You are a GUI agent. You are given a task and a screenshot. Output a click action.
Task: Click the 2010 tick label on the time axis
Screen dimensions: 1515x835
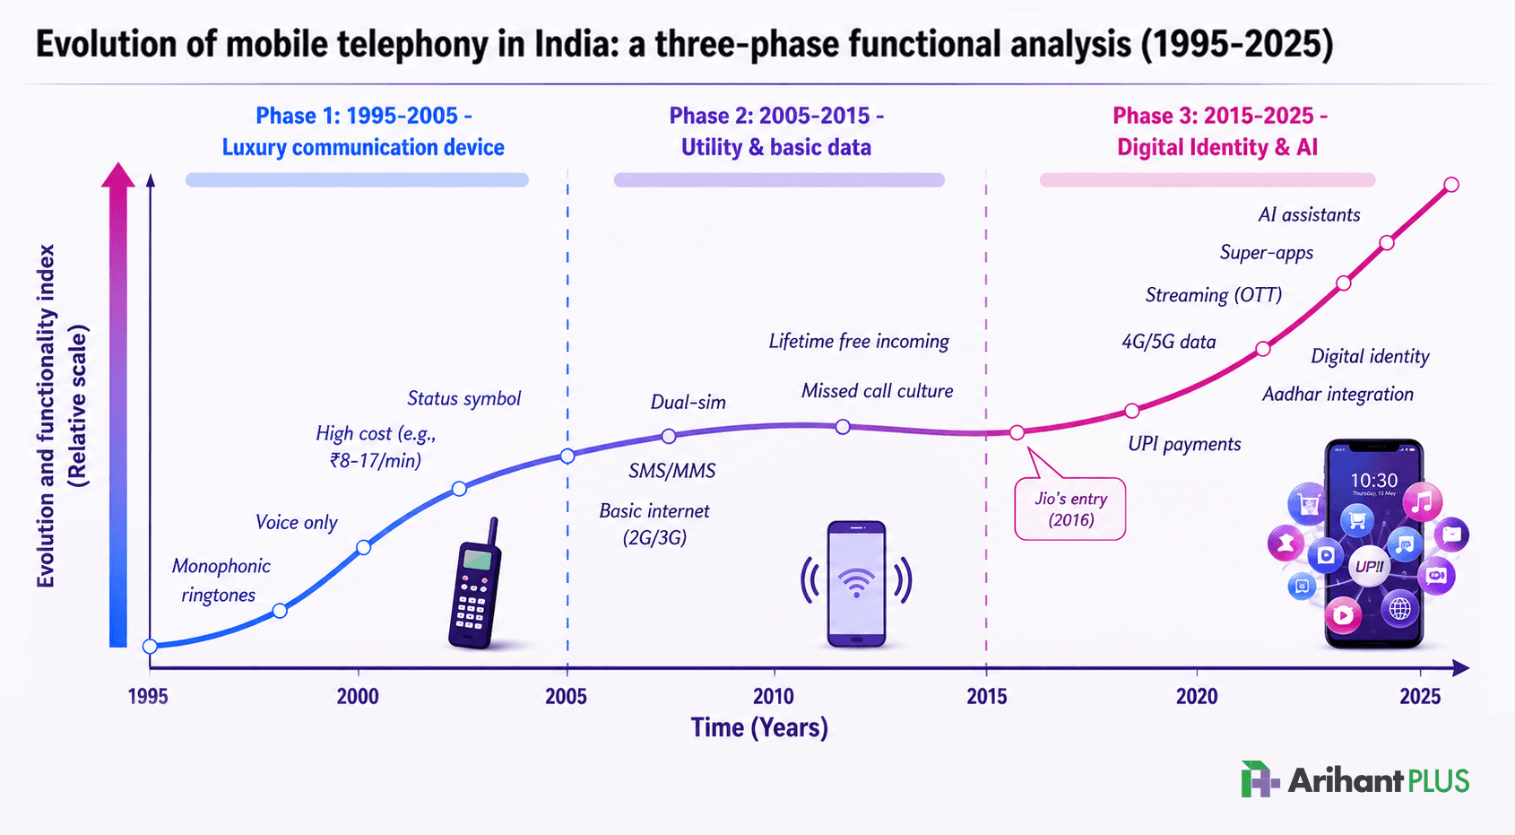(774, 696)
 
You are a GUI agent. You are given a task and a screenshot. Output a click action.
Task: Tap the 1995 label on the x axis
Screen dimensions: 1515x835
(148, 696)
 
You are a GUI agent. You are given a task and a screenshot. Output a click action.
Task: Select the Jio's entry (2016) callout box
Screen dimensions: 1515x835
(1070, 509)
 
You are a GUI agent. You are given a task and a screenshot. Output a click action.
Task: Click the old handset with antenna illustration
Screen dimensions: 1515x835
(475, 583)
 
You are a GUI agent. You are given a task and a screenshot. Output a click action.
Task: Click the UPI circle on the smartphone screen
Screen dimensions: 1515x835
(1370, 566)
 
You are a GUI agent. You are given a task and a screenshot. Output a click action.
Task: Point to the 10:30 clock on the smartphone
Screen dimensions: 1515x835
(1373, 481)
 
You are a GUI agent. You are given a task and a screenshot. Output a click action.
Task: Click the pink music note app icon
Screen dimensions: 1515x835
(1423, 502)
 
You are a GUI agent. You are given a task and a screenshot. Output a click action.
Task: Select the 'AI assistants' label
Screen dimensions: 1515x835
(1309, 215)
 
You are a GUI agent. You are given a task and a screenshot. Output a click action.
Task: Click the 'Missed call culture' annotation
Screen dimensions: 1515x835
(878, 391)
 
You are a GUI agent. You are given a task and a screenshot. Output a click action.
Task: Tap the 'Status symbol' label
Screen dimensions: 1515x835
(464, 398)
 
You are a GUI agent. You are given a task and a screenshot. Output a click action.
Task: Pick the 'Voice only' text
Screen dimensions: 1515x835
(296, 522)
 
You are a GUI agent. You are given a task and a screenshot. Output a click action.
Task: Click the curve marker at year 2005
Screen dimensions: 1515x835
(567, 457)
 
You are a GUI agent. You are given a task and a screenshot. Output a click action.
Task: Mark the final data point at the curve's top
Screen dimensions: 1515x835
(1451, 185)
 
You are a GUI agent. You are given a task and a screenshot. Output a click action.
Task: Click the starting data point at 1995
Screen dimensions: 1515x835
(150, 647)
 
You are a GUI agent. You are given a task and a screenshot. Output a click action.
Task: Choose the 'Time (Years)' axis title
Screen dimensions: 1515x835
(759, 727)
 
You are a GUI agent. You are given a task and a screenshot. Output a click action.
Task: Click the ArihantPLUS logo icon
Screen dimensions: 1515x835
(1260, 779)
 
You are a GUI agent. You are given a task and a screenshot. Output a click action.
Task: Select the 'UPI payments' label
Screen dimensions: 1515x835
(1184, 445)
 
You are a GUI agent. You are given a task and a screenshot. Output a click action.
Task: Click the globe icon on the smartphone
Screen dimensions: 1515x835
(1400, 608)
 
